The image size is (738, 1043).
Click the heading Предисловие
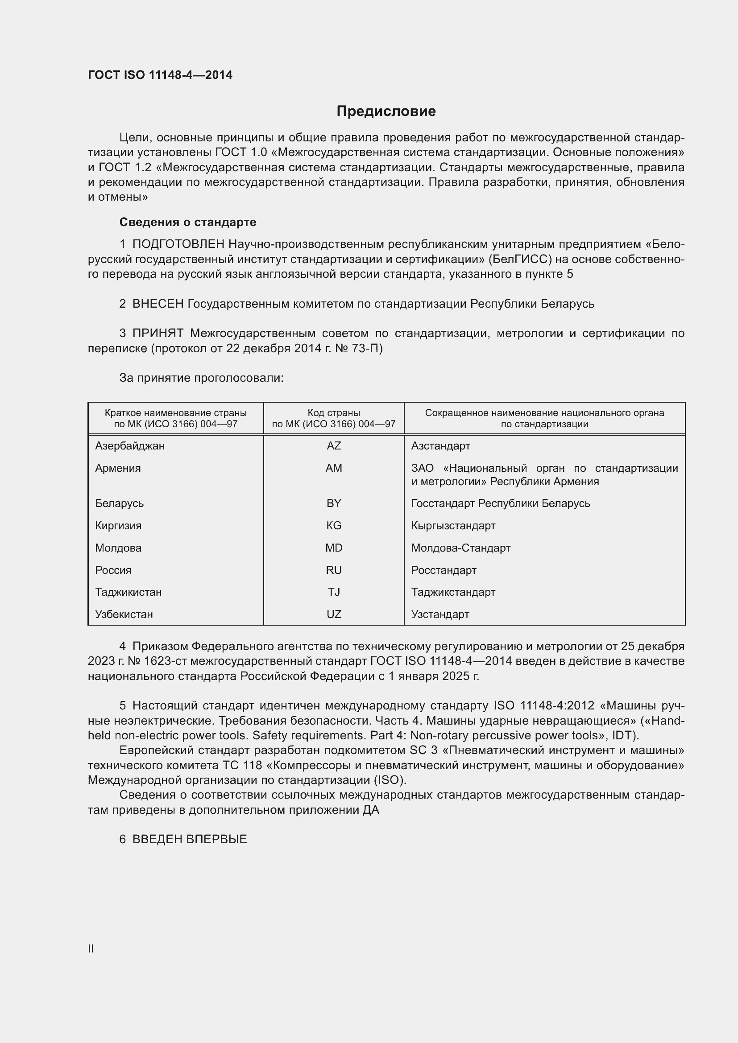tap(386, 111)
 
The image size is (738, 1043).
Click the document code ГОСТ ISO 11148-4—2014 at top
tap(160, 75)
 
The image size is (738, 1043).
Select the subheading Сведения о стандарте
tap(188, 222)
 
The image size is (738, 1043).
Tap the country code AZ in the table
tap(334, 445)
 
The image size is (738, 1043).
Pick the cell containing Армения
tap(118, 468)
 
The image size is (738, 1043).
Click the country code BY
tap(334, 503)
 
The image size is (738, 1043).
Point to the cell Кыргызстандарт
tap(453, 526)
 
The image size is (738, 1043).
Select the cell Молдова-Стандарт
tap(461, 548)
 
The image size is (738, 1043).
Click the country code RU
tap(334, 570)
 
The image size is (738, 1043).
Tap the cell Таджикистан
tap(128, 592)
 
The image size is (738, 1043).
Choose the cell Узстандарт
tap(440, 614)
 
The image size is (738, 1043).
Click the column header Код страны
tap(334, 413)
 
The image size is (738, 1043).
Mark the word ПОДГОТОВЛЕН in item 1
tap(178, 244)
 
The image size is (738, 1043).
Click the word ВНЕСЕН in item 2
tap(158, 304)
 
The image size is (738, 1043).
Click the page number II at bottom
tap(91, 948)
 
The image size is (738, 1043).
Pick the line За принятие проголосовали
tap(201, 378)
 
